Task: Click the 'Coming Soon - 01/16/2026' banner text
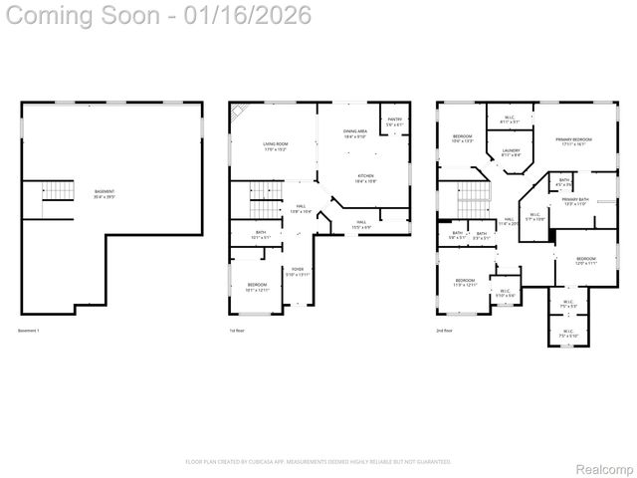click(x=156, y=16)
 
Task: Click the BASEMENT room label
click(x=105, y=193)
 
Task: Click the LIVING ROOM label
click(x=275, y=146)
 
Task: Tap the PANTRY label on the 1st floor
click(x=394, y=121)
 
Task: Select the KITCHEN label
click(x=366, y=178)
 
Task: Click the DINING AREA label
click(x=355, y=133)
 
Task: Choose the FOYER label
click(x=298, y=271)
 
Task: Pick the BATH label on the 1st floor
click(x=261, y=235)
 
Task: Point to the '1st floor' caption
click(x=237, y=331)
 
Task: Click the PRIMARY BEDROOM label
click(x=574, y=141)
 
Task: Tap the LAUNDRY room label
click(x=511, y=152)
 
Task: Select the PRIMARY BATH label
click(x=575, y=201)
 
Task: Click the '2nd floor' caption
click(x=444, y=331)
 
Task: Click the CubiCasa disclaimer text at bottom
click(x=318, y=462)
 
